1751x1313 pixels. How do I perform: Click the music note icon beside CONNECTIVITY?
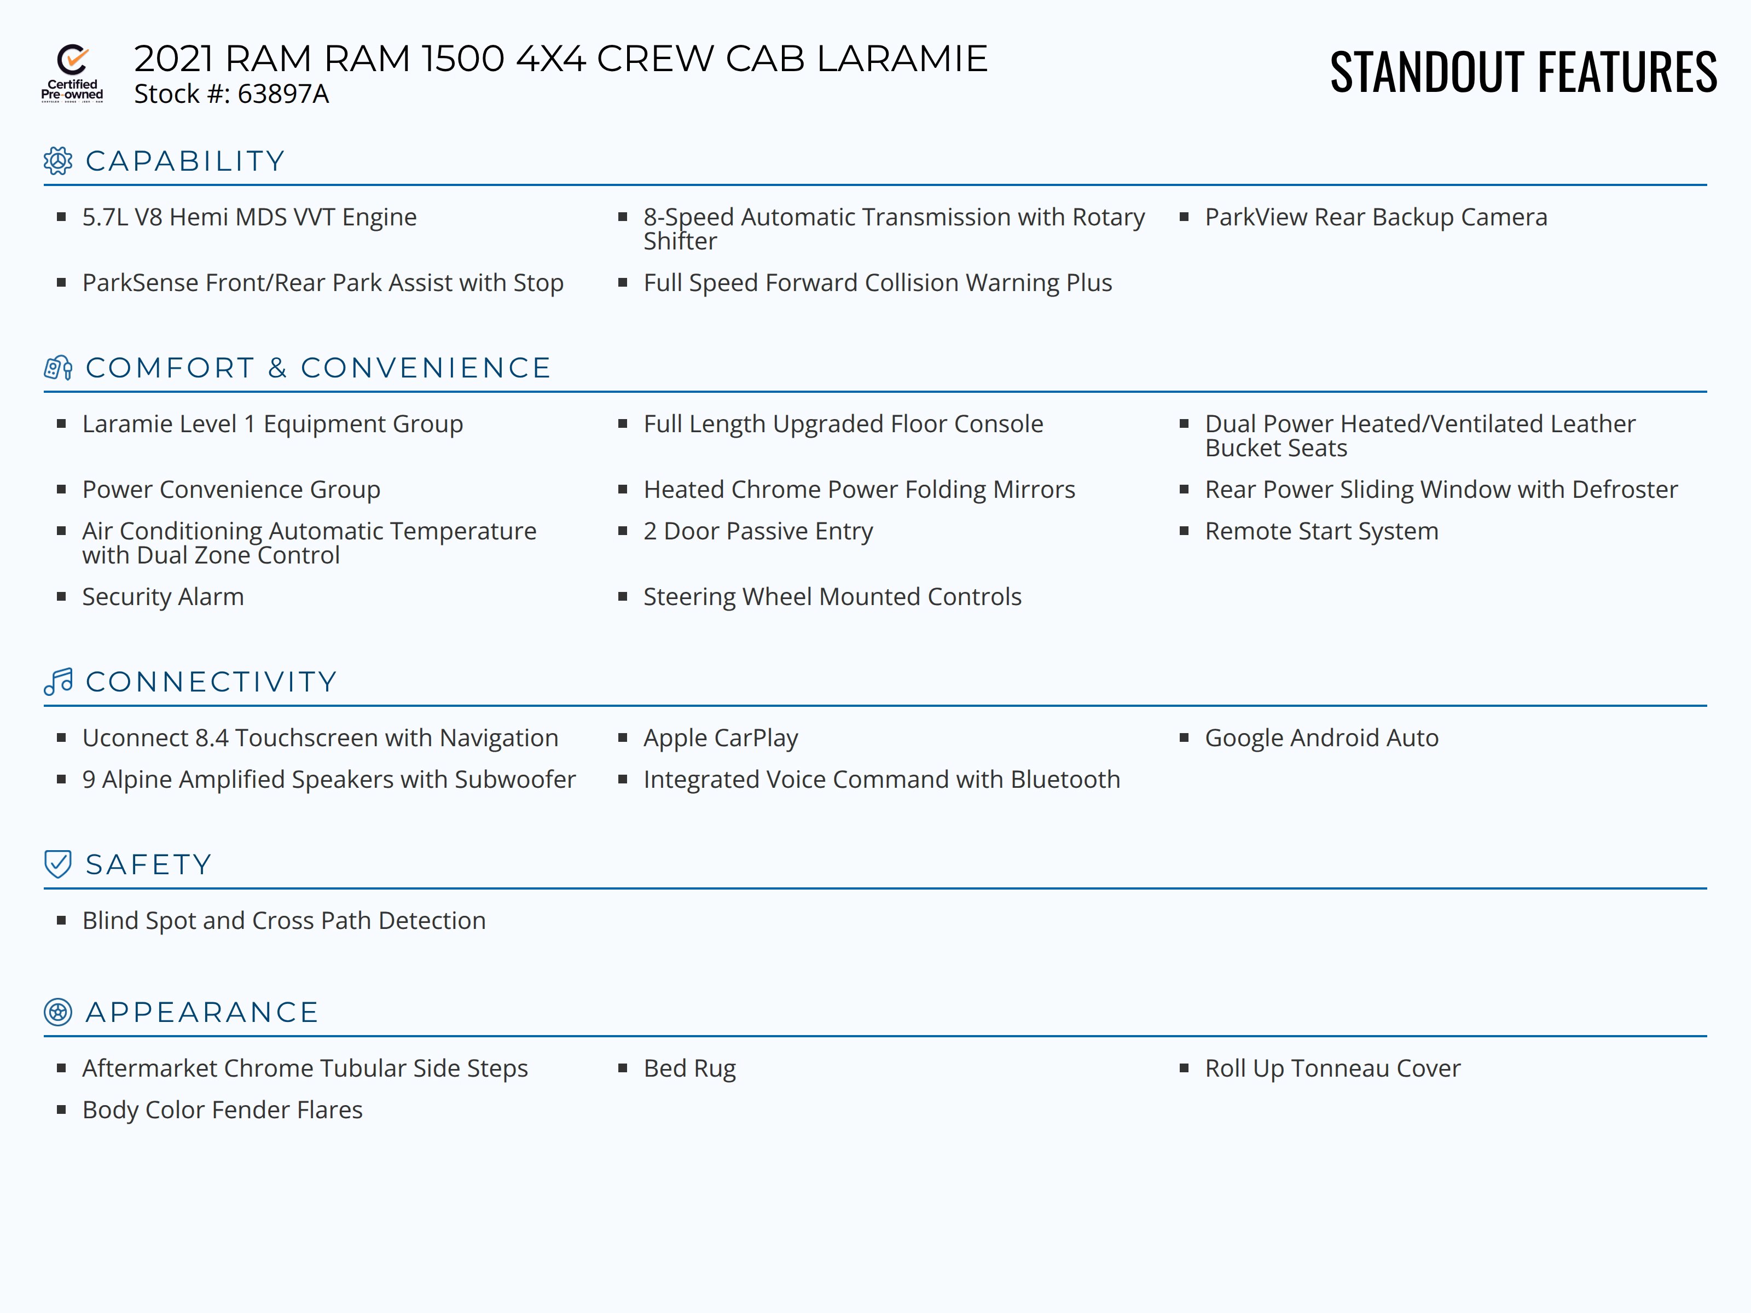(58, 682)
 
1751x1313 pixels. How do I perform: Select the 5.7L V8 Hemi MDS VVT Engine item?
(250, 217)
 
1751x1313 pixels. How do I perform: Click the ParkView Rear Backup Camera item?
(1375, 217)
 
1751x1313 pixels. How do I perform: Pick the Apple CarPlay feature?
(720, 737)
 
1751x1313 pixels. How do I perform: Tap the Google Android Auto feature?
(1321, 737)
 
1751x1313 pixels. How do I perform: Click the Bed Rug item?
(689, 1068)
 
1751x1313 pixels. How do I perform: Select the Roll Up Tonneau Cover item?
(1332, 1068)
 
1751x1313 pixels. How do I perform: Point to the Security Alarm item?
(163, 597)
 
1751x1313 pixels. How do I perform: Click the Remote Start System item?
(1321, 531)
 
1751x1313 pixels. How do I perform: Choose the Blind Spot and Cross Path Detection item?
(283, 920)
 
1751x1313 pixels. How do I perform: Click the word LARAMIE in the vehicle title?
(902, 59)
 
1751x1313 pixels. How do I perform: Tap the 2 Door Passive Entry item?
(757, 531)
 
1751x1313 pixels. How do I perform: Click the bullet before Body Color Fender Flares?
(61, 1109)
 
